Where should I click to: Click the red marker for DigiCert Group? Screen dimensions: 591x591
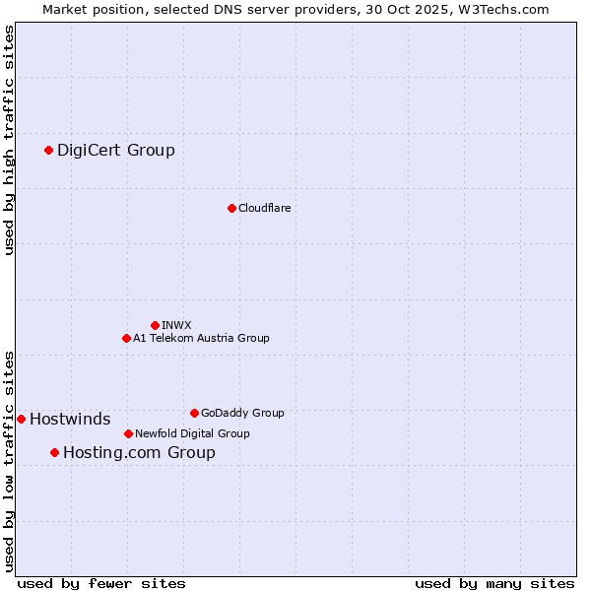pyautogui.click(x=48, y=150)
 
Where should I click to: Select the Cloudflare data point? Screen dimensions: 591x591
pyautogui.click(x=231, y=208)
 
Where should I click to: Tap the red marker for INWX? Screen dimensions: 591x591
pyautogui.click(x=155, y=325)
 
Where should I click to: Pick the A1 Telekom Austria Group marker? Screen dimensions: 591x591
pyautogui.click(x=126, y=338)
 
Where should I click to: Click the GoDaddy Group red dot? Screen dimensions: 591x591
pyautogui.click(x=194, y=413)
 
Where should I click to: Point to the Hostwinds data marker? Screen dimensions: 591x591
pyautogui.click(x=21, y=419)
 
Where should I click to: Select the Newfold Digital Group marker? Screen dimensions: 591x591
pyautogui.click(x=128, y=433)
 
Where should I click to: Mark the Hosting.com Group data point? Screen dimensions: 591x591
pyautogui.click(x=54, y=452)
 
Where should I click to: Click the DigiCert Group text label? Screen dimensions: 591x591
pyautogui.click(x=116, y=151)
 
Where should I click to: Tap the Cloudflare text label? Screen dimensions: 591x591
pyautogui.click(x=264, y=208)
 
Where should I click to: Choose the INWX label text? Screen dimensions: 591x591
pyautogui.click(x=176, y=325)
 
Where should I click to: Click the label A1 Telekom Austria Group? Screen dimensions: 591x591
pyautogui.click(x=201, y=338)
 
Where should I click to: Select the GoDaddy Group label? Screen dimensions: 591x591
pyautogui.click(x=242, y=413)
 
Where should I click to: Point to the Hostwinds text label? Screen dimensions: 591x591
pyautogui.click(x=70, y=420)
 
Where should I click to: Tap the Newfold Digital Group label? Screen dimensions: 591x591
pyautogui.click(x=192, y=433)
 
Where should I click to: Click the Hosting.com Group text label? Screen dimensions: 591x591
pyautogui.click(x=139, y=453)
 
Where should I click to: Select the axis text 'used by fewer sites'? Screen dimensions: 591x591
pyautogui.click(x=101, y=583)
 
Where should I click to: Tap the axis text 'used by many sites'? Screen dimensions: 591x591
pyautogui.click(x=494, y=583)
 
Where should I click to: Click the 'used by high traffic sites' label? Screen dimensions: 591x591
pyautogui.click(x=10, y=140)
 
